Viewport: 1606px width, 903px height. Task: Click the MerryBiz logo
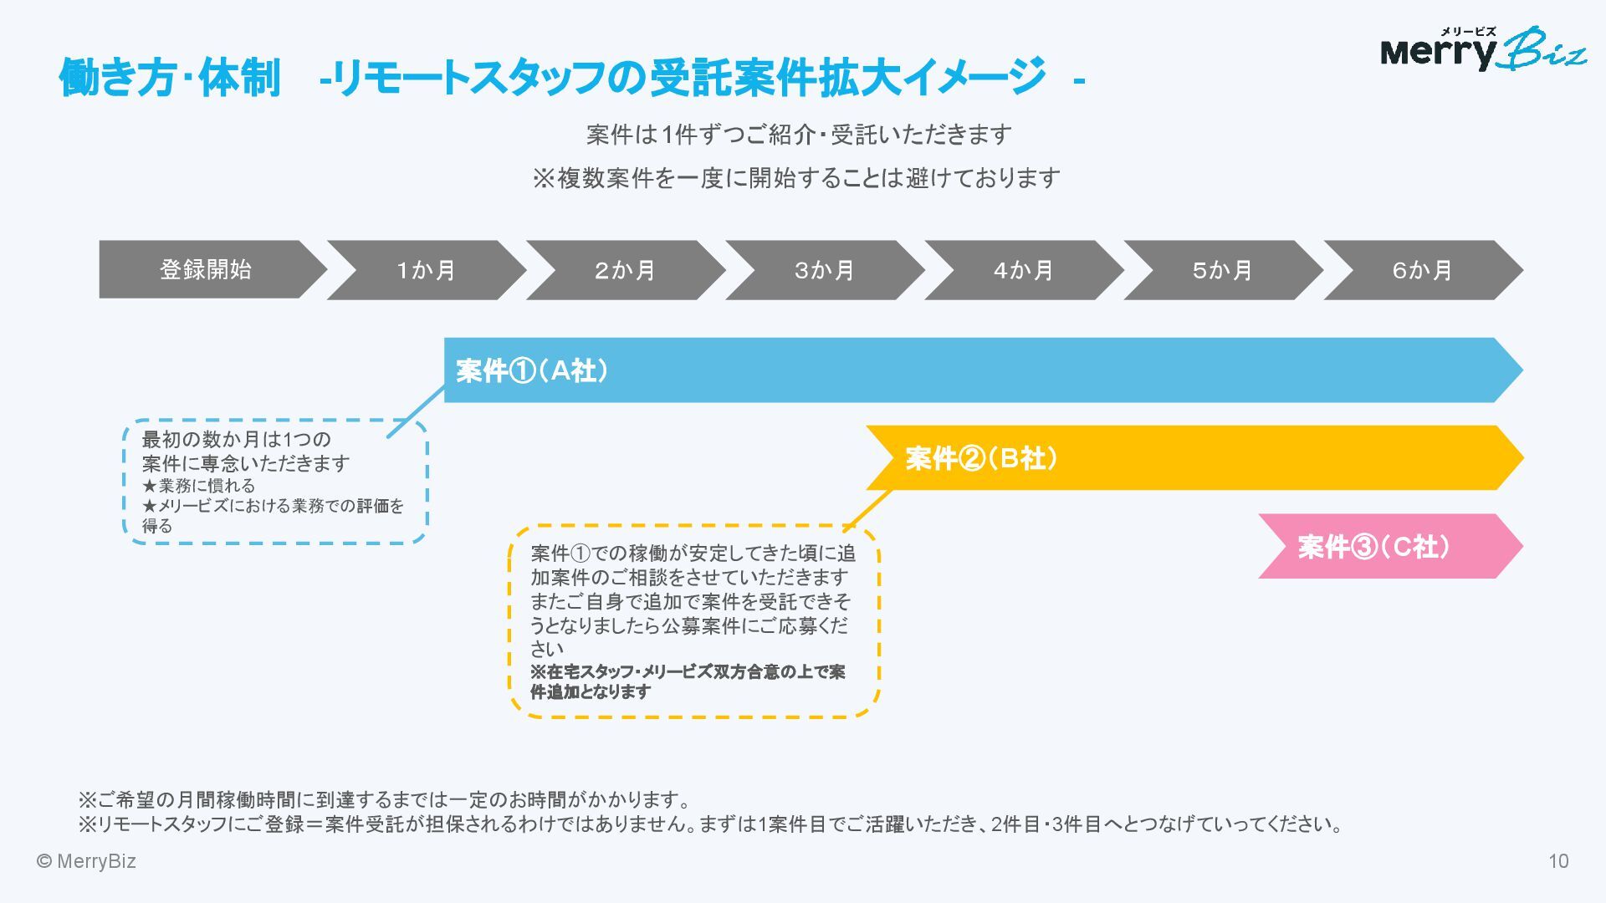(x=1482, y=49)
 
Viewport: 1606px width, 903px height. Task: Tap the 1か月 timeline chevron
(x=426, y=270)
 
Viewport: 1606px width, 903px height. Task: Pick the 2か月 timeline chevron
(x=625, y=270)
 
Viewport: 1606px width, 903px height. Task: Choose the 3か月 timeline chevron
(x=824, y=270)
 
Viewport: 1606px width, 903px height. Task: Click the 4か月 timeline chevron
(x=1023, y=270)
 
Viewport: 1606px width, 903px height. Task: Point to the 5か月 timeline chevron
(x=1222, y=270)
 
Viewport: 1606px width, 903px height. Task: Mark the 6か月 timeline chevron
(x=1422, y=270)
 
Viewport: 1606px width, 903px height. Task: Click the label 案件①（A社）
(x=532, y=370)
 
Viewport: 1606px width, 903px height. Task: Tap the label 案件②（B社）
(x=981, y=458)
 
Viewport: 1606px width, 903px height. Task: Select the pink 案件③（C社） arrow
(x=1389, y=547)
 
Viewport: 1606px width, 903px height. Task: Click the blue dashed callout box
(x=275, y=482)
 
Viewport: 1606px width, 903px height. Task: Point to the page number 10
(x=1558, y=861)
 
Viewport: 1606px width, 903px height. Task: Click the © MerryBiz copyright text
(x=86, y=861)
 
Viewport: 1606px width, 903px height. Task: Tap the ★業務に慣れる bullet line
(x=199, y=486)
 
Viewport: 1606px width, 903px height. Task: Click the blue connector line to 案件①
(x=416, y=411)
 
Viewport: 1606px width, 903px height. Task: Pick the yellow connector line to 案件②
(x=867, y=509)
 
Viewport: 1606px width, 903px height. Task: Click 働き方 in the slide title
(x=115, y=79)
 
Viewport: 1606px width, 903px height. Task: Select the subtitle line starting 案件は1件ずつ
(x=799, y=135)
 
